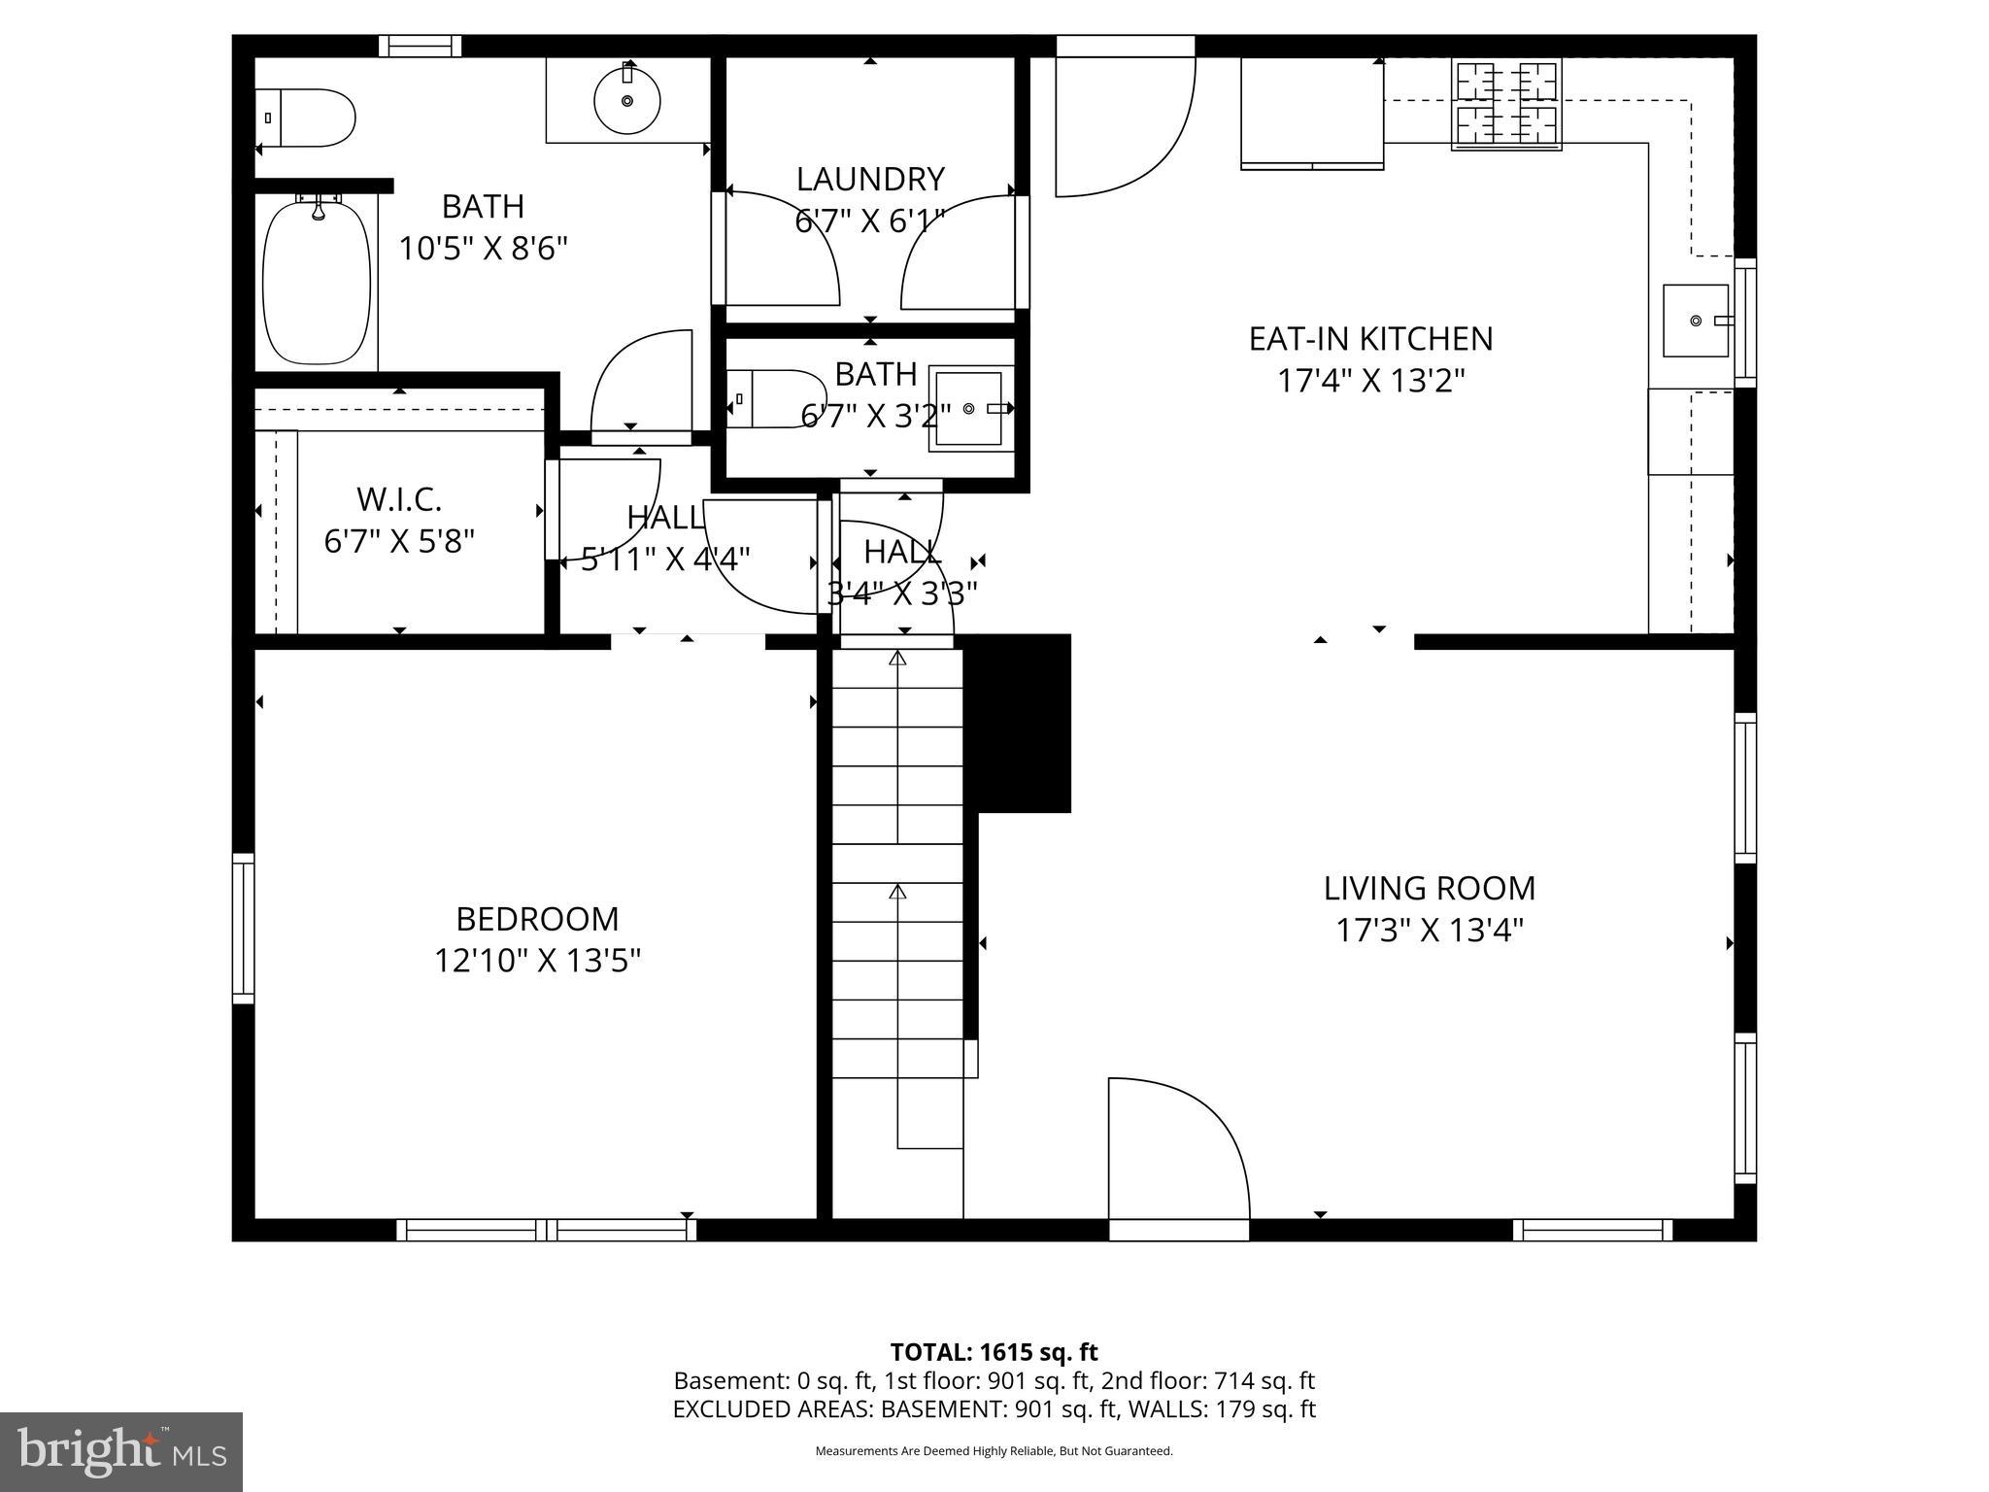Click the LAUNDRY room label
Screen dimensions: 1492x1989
[x=870, y=180]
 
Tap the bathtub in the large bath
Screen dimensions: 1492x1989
[x=317, y=282]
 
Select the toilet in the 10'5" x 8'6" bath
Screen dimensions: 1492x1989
[x=305, y=119]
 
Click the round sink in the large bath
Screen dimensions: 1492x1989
[x=626, y=100]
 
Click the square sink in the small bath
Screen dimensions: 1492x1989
[x=968, y=409]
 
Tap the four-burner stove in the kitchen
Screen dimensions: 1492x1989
[x=1506, y=105]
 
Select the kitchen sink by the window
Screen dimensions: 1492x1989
[x=1696, y=321]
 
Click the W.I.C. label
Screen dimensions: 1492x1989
[x=399, y=499]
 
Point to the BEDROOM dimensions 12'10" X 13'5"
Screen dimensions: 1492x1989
[x=537, y=961]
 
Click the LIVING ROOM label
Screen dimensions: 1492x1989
[x=1430, y=888]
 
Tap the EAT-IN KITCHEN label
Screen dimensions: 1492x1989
[x=1370, y=339]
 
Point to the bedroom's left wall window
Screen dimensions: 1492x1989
[x=243, y=928]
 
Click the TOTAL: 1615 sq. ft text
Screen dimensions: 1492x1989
[x=994, y=1352]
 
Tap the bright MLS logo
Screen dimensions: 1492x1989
[x=121, y=1452]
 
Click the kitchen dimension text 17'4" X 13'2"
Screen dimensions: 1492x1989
[x=1370, y=381]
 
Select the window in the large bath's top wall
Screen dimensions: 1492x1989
[x=420, y=46]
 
